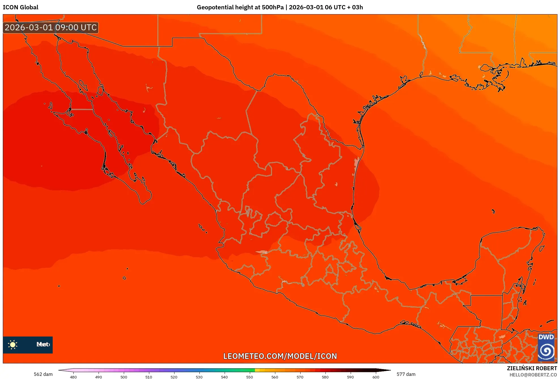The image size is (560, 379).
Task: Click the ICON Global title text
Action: point(20,7)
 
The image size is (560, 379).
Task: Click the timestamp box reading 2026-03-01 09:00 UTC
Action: point(51,27)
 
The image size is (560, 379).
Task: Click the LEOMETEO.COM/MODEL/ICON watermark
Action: point(280,356)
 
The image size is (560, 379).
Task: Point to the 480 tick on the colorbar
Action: point(73,377)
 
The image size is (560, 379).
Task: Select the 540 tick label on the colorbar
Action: point(224,377)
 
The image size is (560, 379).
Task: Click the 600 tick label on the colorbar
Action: point(376,377)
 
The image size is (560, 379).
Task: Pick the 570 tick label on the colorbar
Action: point(300,377)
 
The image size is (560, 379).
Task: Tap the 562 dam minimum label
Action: point(43,374)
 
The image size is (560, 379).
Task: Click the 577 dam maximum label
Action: point(406,374)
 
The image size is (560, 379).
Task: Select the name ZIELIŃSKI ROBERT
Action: point(532,368)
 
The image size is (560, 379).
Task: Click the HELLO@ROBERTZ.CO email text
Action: point(533,375)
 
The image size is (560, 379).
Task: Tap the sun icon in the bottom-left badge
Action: point(13,344)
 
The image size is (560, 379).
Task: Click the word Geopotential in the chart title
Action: point(215,7)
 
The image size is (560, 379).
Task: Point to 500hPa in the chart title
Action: point(272,7)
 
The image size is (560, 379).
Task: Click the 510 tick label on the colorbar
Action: point(149,377)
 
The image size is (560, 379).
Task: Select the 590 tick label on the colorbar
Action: point(350,377)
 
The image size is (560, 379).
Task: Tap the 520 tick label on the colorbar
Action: point(174,377)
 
